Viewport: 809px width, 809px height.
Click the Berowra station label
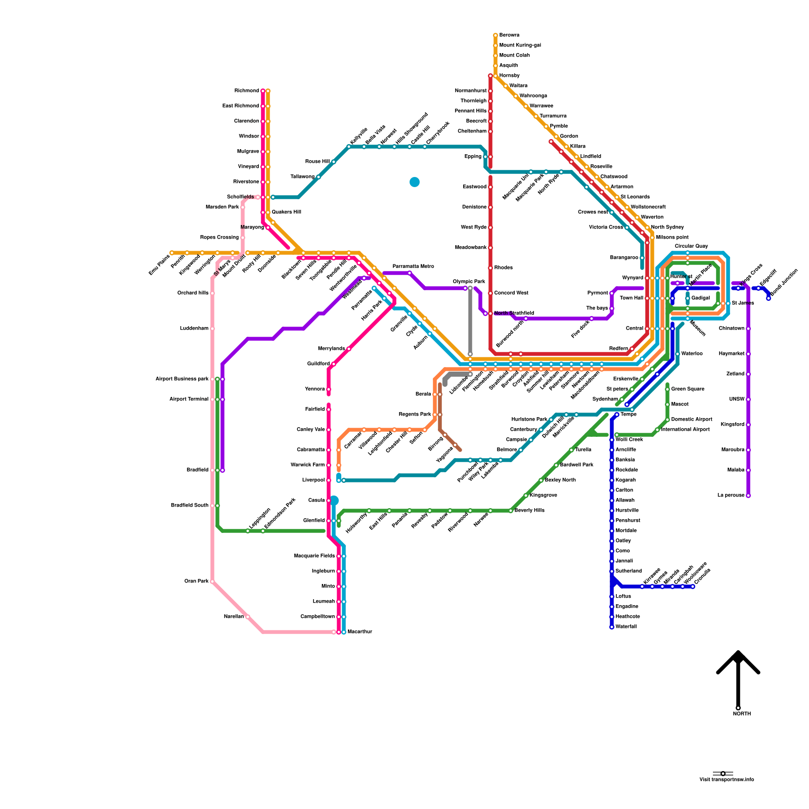click(x=509, y=35)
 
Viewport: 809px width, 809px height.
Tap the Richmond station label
click(x=247, y=91)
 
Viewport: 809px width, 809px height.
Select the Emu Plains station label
click(x=159, y=265)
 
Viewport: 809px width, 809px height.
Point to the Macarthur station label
click(x=360, y=632)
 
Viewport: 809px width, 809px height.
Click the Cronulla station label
click(x=703, y=576)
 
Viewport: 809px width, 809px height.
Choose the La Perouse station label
click(x=731, y=496)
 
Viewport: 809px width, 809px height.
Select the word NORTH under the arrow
click(x=742, y=714)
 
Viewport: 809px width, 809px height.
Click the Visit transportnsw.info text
click(x=727, y=780)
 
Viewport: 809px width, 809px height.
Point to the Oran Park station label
click(x=197, y=581)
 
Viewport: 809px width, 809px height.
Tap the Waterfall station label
click(x=626, y=627)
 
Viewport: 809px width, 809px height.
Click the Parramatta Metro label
click(x=414, y=266)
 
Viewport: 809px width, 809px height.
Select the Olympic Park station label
click(x=469, y=282)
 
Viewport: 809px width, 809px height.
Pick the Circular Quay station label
click(x=691, y=246)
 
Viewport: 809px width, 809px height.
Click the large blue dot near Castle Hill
click(x=415, y=182)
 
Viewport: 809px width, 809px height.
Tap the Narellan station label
click(x=234, y=617)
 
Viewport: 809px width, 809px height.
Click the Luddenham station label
click(x=194, y=329)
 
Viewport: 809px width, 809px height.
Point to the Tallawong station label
click(x=302, y=177)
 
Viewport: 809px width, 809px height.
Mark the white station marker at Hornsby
click(x=496, y=76)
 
